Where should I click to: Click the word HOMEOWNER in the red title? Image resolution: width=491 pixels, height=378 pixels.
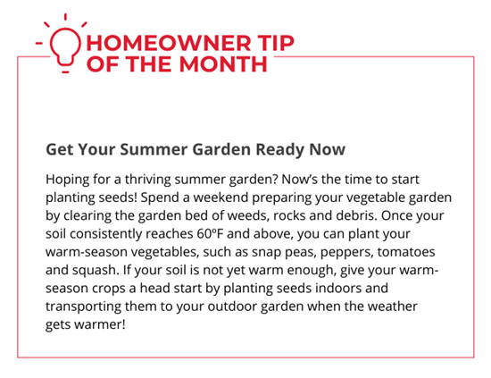point(169,43)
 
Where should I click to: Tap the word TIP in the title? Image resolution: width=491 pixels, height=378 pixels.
point(276,43)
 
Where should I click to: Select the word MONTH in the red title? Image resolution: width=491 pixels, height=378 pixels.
point(223,64)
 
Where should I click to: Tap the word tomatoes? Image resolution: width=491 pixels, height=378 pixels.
point(406,252)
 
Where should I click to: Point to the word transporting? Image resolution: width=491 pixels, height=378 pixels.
point(83,307)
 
